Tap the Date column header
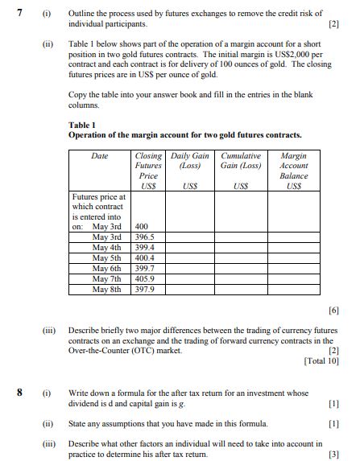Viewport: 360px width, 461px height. [100, 156]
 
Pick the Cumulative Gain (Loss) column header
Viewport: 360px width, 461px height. [240, 161]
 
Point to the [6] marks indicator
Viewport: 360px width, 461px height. [334, 310]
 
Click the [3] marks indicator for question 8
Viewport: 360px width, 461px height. [334, 454]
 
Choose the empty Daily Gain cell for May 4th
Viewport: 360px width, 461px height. [190, 248]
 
